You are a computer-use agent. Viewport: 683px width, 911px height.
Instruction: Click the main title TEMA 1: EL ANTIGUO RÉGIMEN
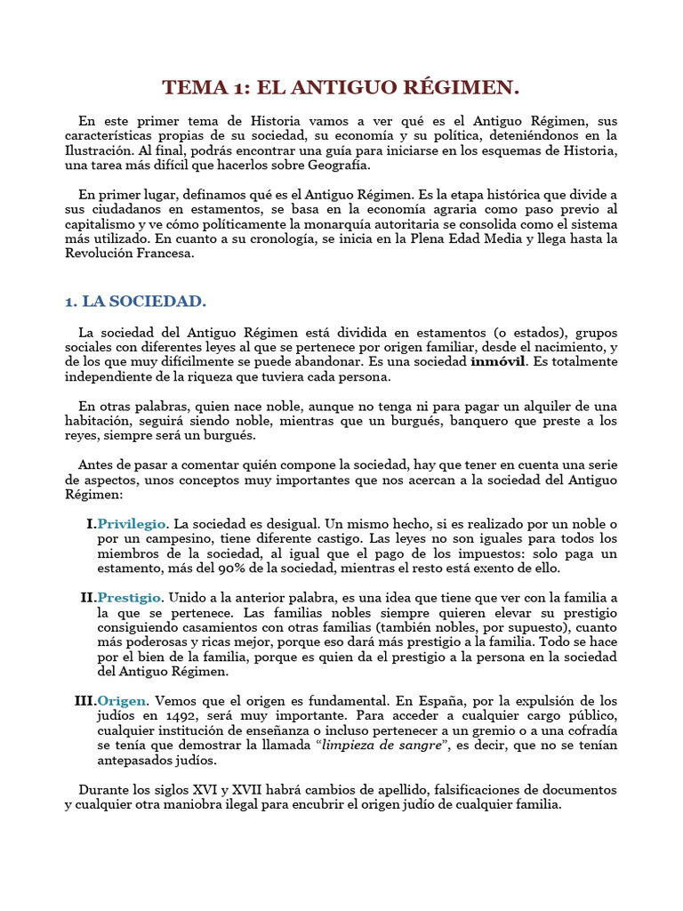coord(341,87)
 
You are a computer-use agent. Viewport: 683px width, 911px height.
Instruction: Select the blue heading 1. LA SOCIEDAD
coord(135,302)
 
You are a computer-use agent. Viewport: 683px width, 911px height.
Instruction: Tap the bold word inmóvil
coord(498,362)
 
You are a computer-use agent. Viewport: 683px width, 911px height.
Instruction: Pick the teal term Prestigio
coord(130,596)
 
